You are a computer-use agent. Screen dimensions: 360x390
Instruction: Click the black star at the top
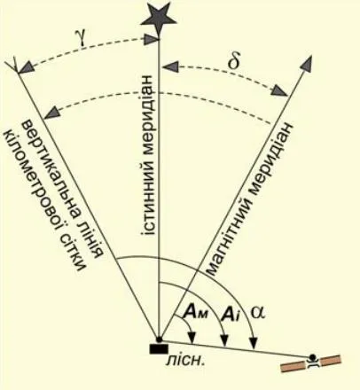tap(159, 19)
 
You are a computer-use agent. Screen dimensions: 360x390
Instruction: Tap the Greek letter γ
tap(82, 37)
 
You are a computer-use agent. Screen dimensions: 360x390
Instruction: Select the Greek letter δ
tap(234, 60)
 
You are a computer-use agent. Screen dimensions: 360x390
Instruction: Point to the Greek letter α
tap(258, 312)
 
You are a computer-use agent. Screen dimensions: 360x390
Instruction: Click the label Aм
tap(195, 313)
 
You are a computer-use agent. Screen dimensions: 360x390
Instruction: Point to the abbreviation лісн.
tap(185, 360)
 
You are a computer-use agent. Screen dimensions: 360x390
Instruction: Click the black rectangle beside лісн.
tap(159, 349)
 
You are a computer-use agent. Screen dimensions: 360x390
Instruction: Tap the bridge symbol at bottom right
tap(311, 363)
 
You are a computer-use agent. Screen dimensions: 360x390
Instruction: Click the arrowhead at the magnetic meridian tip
tap(307, 63)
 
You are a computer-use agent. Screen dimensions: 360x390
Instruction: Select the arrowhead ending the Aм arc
tap(192, 339)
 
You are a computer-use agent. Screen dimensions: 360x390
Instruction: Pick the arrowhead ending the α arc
tap(254, 343)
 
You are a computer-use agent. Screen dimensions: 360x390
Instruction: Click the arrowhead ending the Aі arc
tap(225, 340)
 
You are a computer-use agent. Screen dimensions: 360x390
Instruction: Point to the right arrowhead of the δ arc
tap(279, 90)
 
